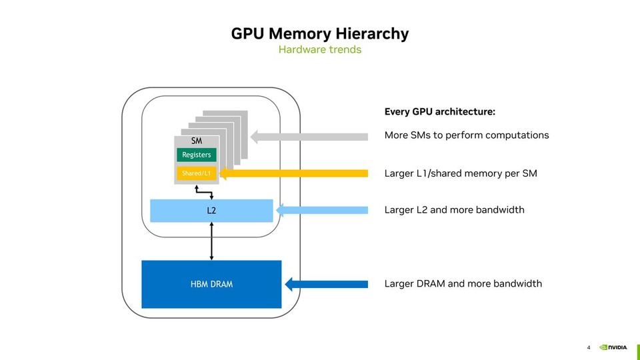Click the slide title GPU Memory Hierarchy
point(319,33)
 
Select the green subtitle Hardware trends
point(319,50)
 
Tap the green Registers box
point(196,155)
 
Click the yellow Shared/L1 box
point(196,174)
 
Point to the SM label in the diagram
point(196,141)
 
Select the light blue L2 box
point(211,211)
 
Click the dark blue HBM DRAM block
point(211,284)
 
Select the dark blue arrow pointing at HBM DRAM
point(326,285)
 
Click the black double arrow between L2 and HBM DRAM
point(211,241)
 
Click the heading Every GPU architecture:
point(439,112)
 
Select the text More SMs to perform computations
point(467,135)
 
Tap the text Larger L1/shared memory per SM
point(461,174)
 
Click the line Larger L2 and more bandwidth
point(454,210)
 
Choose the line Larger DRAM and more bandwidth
point(463,284)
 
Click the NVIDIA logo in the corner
point(613,347)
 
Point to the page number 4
point(589,347)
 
